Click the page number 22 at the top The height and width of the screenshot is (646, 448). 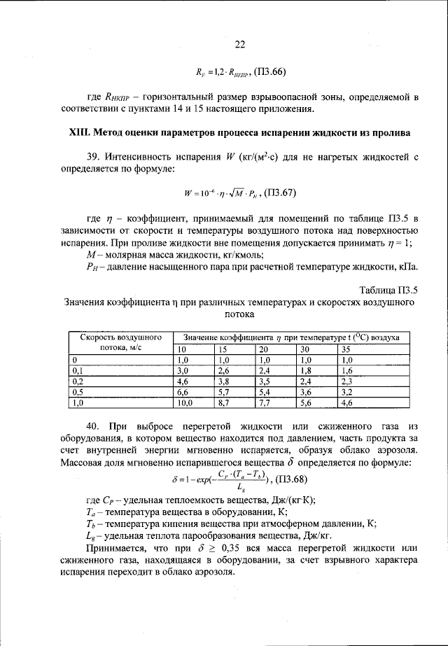tap(240, 44)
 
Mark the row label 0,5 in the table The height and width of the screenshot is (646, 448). tap(78, 393)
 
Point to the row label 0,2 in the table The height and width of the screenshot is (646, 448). tap(78, 381)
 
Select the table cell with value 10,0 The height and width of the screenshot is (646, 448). tap(185, 404)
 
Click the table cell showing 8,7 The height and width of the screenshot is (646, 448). tap(224, 404)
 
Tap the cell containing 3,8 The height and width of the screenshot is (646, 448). tap(224, 381)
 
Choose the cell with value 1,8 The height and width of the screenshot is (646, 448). tap(306, 370)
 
